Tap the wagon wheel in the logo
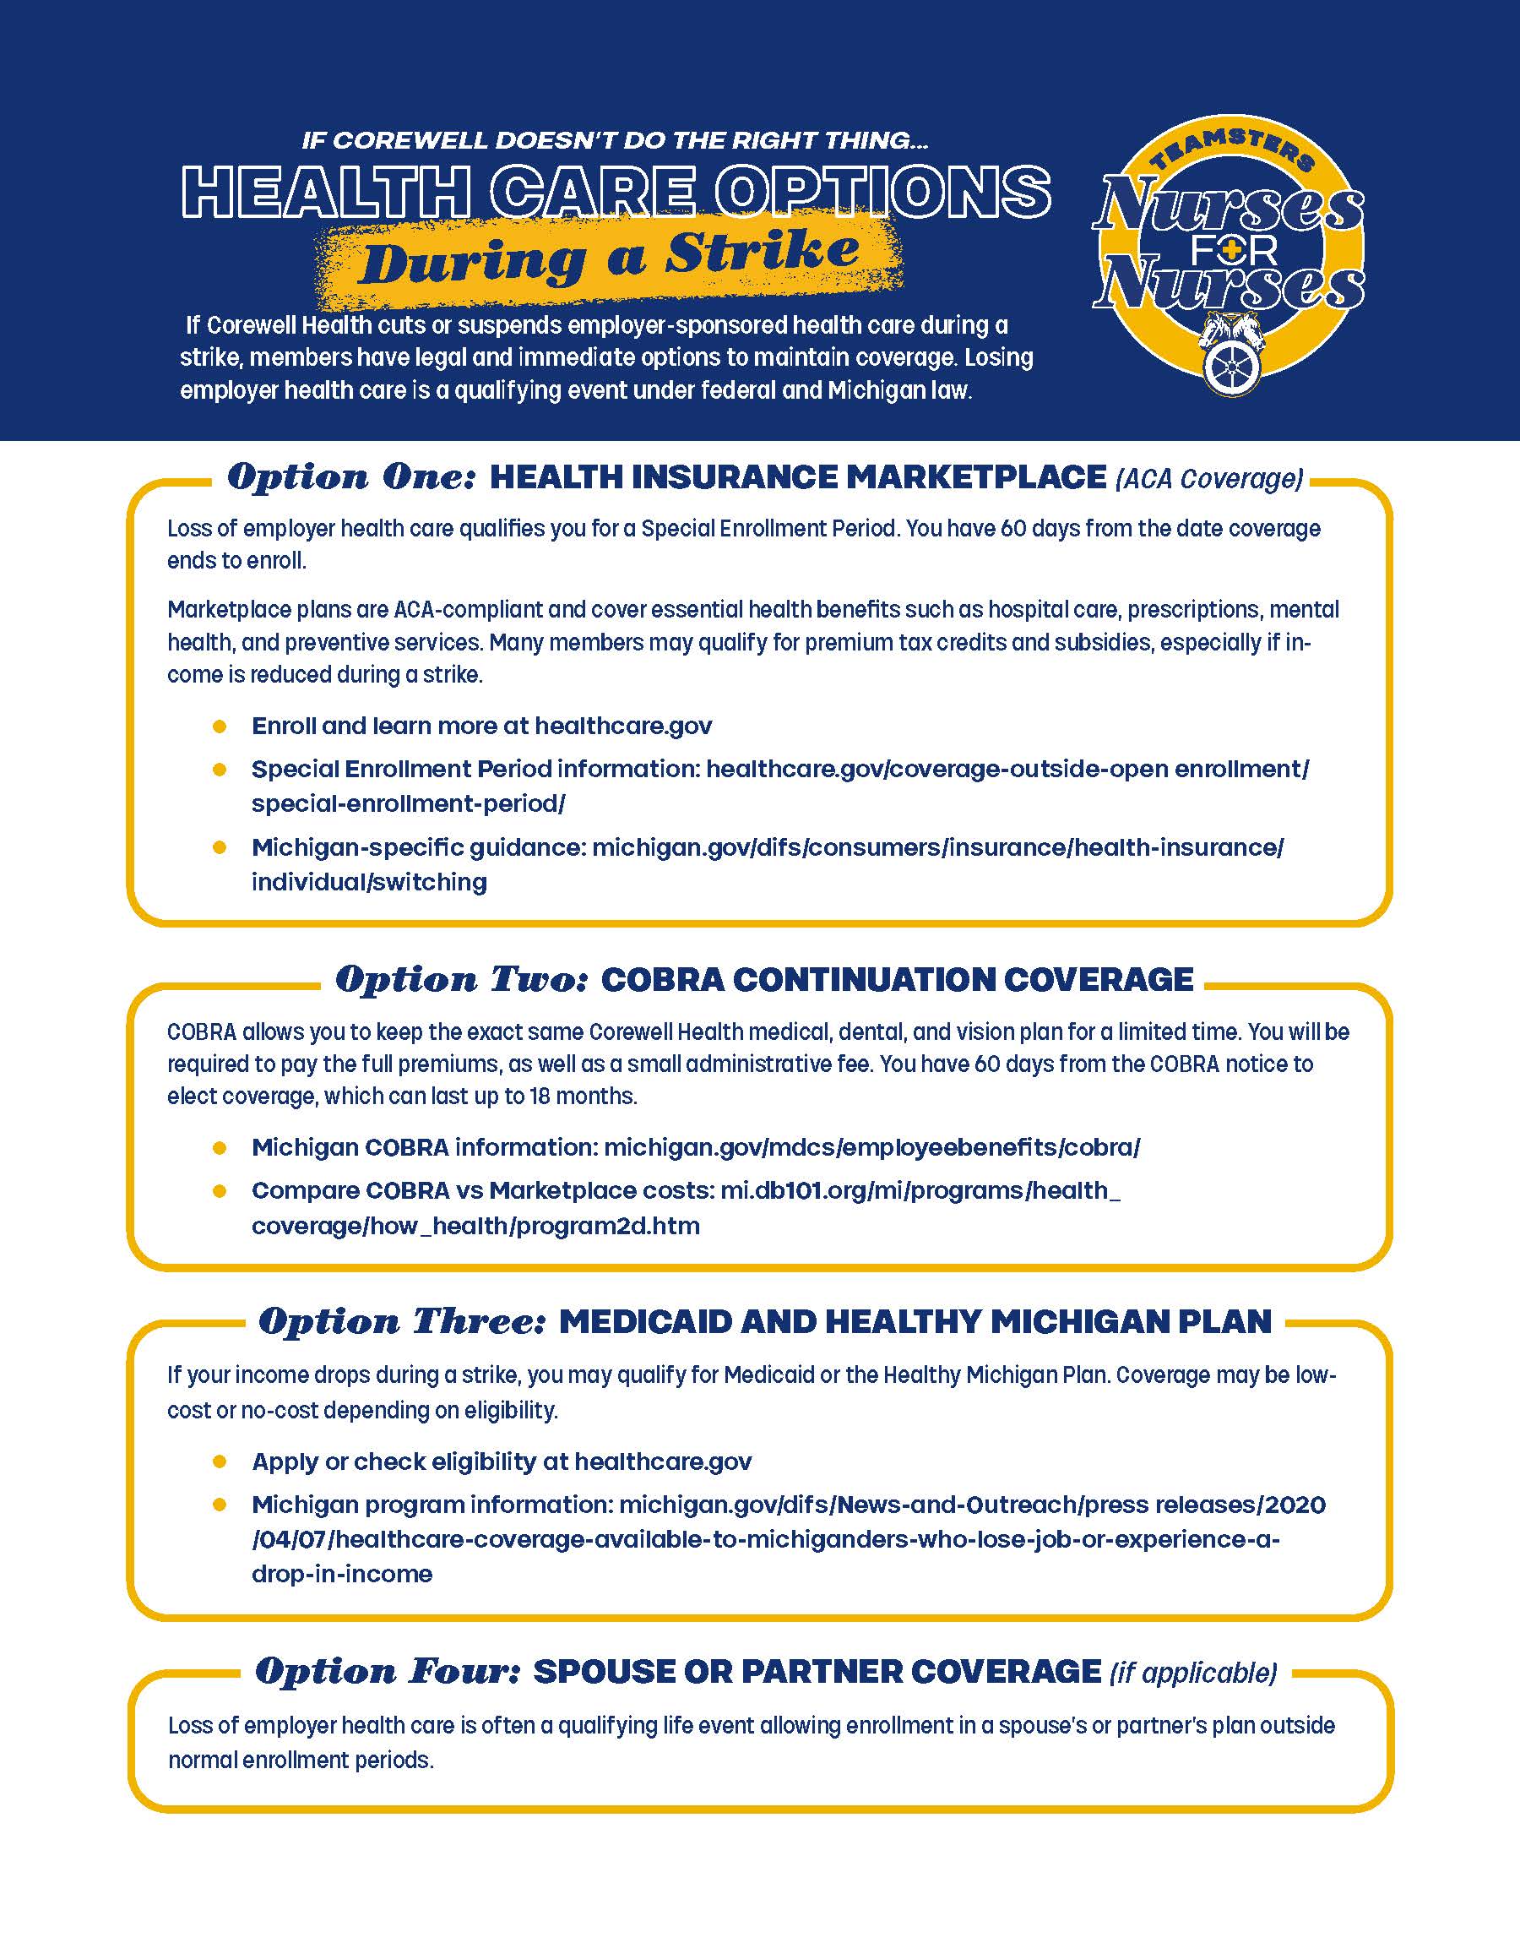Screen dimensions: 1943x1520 coord(1233,367)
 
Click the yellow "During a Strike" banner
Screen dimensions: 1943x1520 coord(611,257)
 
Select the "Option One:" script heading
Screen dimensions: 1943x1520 coord(351,477)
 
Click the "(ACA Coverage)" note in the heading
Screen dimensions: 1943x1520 coord(1208,479)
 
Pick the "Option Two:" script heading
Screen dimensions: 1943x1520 coord(462,979)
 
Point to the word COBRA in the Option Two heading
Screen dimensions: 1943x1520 coord(662,980)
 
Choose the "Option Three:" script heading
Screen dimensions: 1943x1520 coord(402,1321)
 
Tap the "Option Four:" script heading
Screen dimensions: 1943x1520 coord(388,1671)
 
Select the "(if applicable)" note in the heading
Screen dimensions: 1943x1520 coord(1192,1673)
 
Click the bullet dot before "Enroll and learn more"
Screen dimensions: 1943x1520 coord(220,727)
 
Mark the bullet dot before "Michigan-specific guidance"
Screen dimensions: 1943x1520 coord(220,847)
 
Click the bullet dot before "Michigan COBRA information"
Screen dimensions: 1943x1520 coord(220,1147)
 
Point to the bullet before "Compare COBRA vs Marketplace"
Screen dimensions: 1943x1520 coord(220,1191)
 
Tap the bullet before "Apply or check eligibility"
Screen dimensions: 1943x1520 coord(220,1461)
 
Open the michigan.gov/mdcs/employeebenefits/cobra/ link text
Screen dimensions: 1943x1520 coord(871,1147)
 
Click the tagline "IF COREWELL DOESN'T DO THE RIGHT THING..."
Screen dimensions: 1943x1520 coord(615,140)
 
